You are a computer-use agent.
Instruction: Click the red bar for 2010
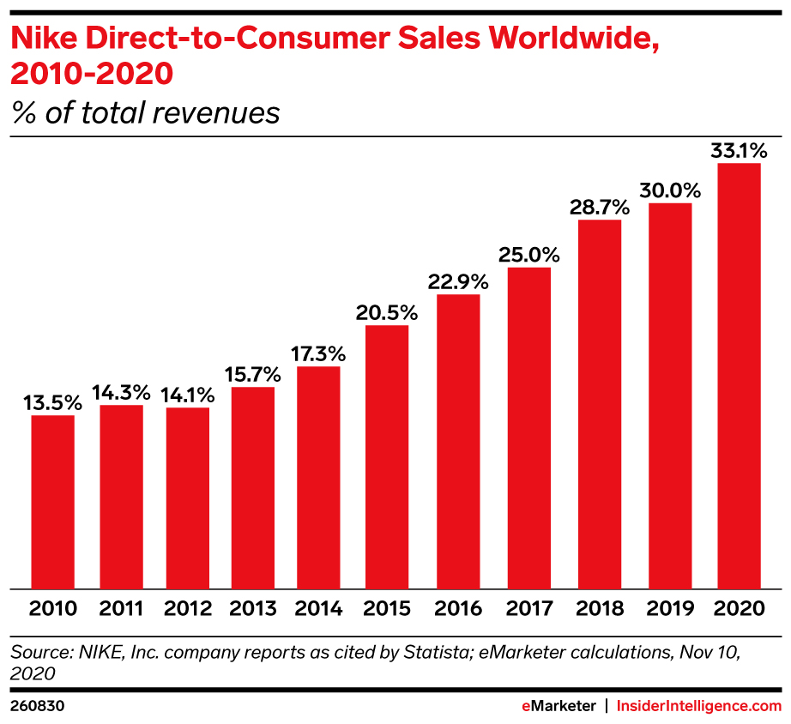[x=53, y=502]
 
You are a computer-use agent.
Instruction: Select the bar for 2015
[x=387, y=457]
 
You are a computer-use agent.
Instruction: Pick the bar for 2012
[x=188, y=498]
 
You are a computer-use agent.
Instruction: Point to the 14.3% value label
[x=121, y=393]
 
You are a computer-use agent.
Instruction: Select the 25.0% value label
[x=529, y=256]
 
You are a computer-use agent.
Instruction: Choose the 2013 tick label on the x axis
[x=254, y=610]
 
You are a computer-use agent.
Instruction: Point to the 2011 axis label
[x=121, y=610]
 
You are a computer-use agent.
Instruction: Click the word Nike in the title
[x=40, y=39]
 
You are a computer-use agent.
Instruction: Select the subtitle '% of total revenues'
[x=145, y=112]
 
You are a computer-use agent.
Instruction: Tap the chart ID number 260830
[x=38, y=706]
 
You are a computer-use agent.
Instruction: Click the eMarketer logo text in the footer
[x=559, y=706]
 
